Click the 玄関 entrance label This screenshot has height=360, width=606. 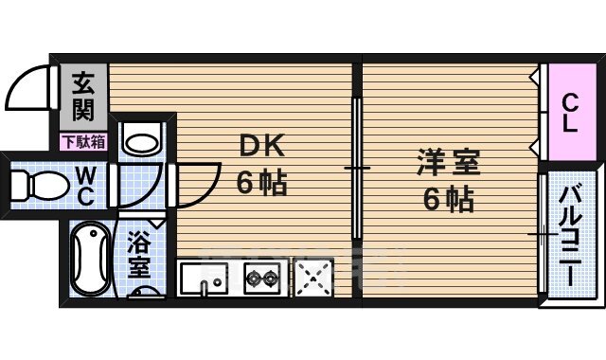(83, 98)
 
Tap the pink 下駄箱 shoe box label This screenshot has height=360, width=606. (83, 142)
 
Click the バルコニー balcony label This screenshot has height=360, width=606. (571, 237)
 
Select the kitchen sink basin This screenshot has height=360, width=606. (201, 279)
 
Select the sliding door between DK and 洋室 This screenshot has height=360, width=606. (357, 169)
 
